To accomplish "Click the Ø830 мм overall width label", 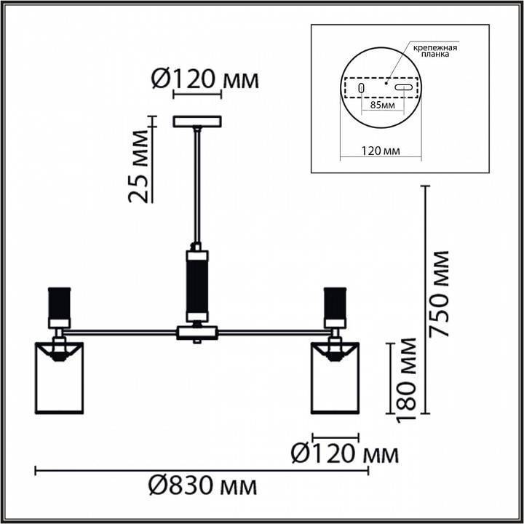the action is pyautogui.click(x=202, y=485).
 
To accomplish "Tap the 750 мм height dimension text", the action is pyautogui.click(x=439, y=294).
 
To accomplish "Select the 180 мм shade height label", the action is pyautogui.click(x=406, y=381).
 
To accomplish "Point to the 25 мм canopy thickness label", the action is pyautogui.click(x=138, y=167).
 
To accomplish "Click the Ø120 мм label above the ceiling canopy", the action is pyautogui.click(x=205, y=79).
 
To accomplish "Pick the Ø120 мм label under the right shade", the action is pyautogui.click(x=345, y=453).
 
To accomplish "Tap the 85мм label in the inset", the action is pyautogui.click(x=383, y=106).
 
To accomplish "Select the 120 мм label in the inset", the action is pyautogui.click(x=381, y=151).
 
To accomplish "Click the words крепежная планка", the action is pyautogui.click(x=434, y=51).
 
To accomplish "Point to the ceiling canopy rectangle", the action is pyautogui.click(x=197, y=122).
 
